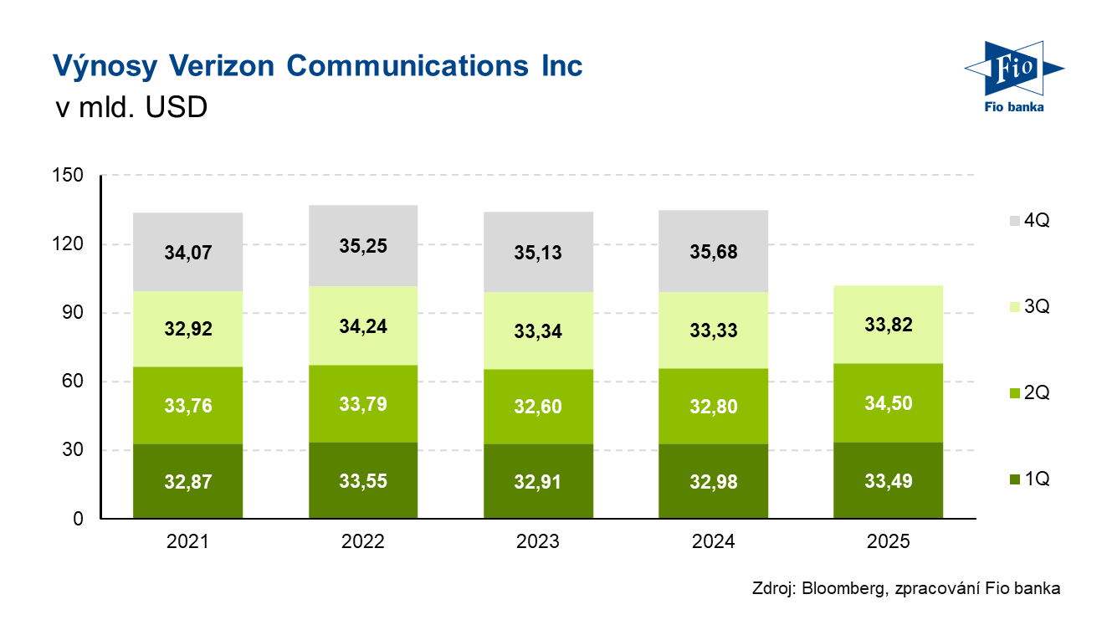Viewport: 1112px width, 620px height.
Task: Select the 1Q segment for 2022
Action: [362, 499]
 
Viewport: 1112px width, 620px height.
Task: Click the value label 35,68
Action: [714, 251]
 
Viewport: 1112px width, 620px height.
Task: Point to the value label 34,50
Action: [888, 404]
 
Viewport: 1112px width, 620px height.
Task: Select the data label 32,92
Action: [187, 329]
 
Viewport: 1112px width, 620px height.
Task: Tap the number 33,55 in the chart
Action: [362, 481]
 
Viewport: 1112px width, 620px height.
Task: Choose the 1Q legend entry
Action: [1030, 479]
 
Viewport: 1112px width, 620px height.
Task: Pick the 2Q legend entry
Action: [1030, 392]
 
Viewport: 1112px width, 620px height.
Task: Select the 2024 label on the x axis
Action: [714, 542]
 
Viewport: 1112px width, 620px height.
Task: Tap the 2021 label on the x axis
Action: [187, 542]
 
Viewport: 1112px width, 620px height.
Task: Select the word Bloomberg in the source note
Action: [841, 589]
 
